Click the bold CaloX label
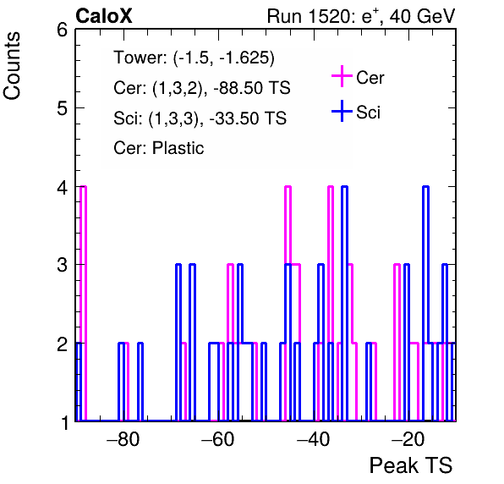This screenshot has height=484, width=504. click(x=104, y=16)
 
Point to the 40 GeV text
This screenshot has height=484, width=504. click(x=423, y=16)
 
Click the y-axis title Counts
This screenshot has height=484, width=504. click(x=12, y=66)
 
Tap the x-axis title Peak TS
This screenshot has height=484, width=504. click(x=411, y=465)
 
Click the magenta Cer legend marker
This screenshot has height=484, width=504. click(x=342, y=76)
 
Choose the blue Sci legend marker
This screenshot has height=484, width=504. click(x=342, y=111)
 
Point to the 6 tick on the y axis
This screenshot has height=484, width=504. click(x=62, y=30)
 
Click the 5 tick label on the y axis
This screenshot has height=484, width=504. click(x=62, y=108)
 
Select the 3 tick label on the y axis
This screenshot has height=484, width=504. click(x=62, y=265)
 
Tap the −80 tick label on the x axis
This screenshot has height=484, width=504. click(x=123, y=439)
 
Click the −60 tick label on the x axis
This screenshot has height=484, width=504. click(x=218, y=439)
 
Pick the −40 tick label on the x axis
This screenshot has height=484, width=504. click(x=313, y=439)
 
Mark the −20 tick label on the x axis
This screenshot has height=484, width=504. click(x=408, y=439)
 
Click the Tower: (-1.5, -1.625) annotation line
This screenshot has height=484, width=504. click(x=194, y=58)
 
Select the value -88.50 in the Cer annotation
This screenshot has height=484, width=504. click(x=236, y=88)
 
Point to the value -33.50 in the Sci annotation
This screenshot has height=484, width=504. click(x=232, y=118)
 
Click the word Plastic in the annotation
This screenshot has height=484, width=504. click(x=178, y=148)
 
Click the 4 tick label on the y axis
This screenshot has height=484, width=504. click(x=62, y=187)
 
